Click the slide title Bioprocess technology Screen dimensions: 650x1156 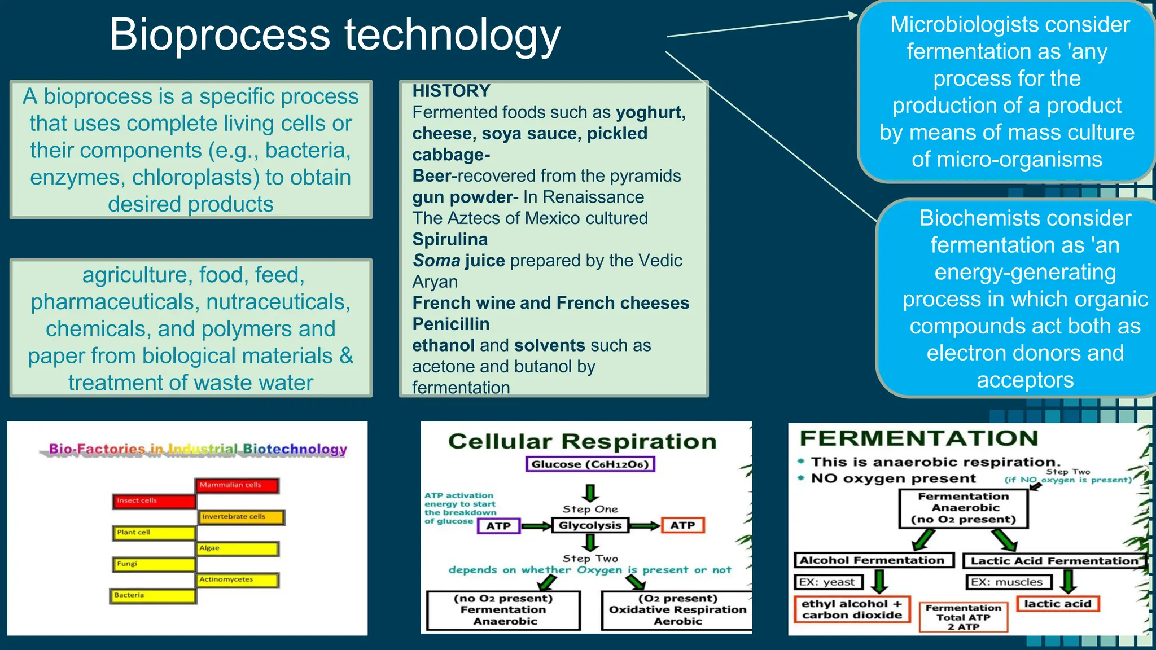[335, 35]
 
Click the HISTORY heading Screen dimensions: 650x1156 [451, 91]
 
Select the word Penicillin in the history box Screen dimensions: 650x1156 [451, 324]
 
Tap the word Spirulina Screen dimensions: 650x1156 [450, 239]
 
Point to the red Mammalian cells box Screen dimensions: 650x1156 [237, 485]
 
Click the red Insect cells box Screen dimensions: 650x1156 [154, 501]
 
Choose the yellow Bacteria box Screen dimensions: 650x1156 [152, 596]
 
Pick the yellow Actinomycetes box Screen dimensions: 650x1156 [237, 580]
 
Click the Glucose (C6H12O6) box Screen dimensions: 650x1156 [590, 464]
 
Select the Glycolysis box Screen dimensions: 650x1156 [590, 526]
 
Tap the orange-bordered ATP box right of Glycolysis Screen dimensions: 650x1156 [682, 526]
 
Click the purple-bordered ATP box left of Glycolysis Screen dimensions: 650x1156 [498, 526]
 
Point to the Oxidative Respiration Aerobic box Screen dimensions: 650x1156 [677, 610]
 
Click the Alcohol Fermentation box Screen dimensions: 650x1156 [873, 560]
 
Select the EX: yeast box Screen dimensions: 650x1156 [828, 582]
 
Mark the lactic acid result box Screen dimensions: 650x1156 [1057, 604]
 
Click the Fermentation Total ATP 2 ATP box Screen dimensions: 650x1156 [963, 617]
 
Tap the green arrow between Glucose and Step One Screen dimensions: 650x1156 [590, 492]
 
